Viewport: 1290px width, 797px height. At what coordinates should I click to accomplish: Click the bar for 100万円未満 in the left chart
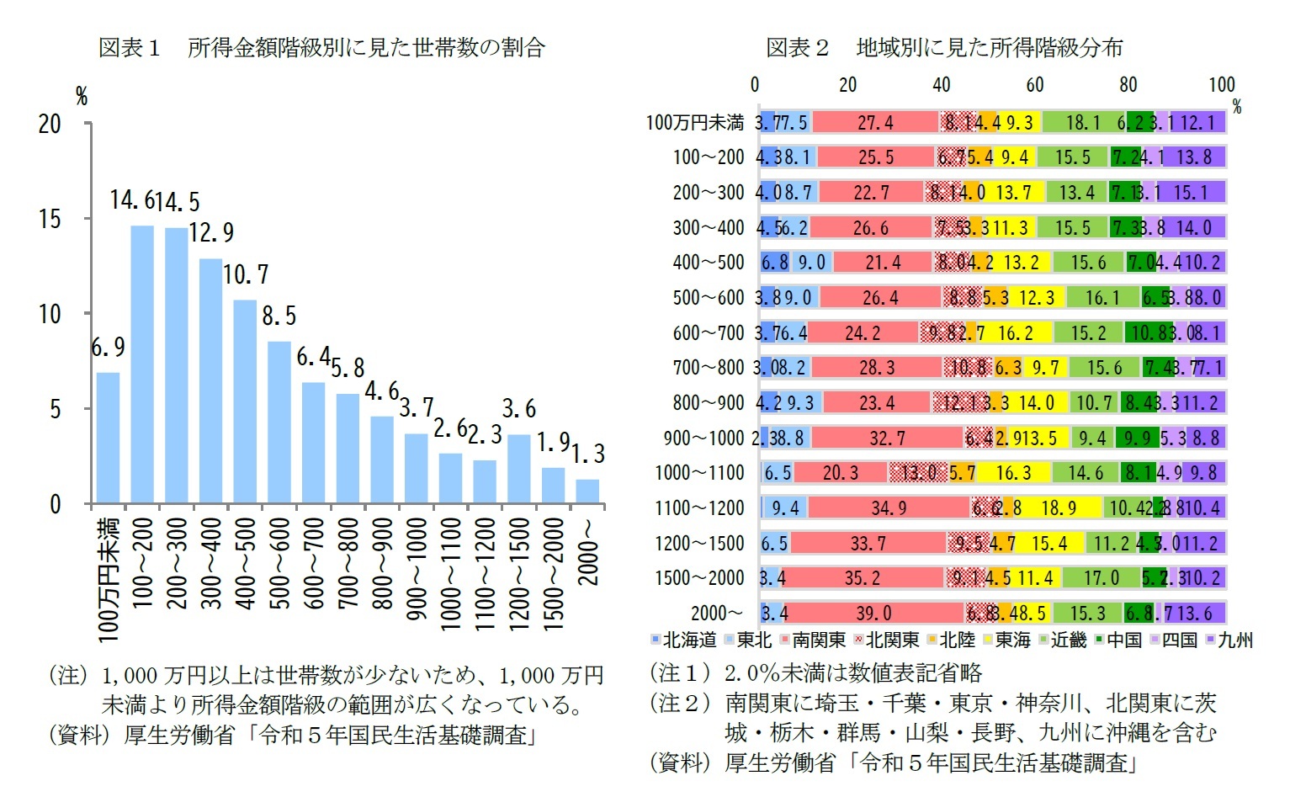(x=108, y=438)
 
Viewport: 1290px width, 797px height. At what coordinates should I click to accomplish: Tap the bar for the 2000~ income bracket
(x=587, y=491)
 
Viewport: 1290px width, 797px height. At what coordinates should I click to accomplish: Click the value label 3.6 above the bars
(x=518, y=409)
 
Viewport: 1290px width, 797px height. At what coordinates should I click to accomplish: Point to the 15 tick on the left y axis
(x=50, y=219)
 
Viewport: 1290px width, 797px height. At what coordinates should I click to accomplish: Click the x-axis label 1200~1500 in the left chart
(x=519, y=572)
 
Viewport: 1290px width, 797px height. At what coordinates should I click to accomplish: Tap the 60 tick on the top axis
(x=1034, y=84)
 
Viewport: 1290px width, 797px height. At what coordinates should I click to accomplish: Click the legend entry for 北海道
(x=683, y=640)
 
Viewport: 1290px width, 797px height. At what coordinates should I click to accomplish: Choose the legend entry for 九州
(x=1229, y=640)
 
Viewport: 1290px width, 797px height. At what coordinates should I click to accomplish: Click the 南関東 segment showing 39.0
(x=874, y=613)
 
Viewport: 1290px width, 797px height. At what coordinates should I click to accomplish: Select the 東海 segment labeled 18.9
(x=1058, y=507)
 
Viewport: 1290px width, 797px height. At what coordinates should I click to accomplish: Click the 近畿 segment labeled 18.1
(x=1083, y=123)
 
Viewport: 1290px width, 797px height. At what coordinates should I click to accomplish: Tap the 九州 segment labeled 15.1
(x=1190, y=193)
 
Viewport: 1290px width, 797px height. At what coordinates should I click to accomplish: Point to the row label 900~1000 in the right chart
(x=703, y=438)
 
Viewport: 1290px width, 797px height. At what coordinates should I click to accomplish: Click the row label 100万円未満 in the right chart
(x=694, y=123)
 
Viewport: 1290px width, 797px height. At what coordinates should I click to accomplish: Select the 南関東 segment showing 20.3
(x=840, y=473)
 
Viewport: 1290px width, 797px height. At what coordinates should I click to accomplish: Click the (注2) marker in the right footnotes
(x=681, y=703)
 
